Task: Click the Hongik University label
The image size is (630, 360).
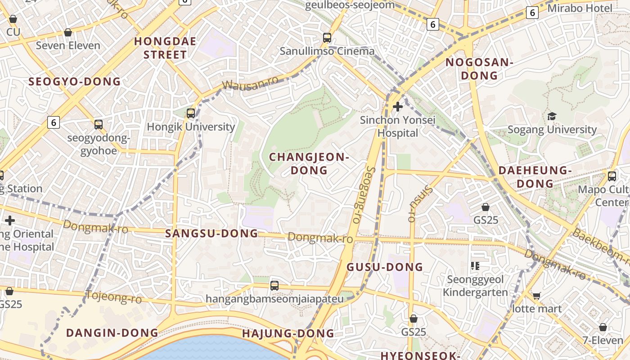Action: tap(191, 127)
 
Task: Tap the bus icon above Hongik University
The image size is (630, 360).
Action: tap(191, 113)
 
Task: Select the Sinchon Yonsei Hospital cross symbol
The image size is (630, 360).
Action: tap(398, 107)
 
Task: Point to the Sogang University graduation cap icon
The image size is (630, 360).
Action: tap(552, 117)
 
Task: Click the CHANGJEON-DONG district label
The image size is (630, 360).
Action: tap(309, 164)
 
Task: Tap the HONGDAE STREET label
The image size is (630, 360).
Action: tap(165, 48)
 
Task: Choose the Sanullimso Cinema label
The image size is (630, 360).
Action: tap(327, 51)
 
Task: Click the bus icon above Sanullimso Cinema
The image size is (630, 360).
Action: tap(327, 38)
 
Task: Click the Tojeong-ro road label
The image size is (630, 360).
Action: tap(113, 297)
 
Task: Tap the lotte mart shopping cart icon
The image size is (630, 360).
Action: tap(536, 296)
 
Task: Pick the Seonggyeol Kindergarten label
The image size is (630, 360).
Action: tap(475, 286)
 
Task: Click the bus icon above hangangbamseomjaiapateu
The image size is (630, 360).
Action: tap(274, 285)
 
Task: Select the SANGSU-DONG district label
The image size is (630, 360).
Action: tap(211, 234)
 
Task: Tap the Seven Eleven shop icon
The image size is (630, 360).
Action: tap(68, 32)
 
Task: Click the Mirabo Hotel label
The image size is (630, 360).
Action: tap(580, 8)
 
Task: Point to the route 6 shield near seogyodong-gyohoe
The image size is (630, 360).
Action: tap(54, 122)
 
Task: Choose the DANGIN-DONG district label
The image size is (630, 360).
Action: tap(112, 333)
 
